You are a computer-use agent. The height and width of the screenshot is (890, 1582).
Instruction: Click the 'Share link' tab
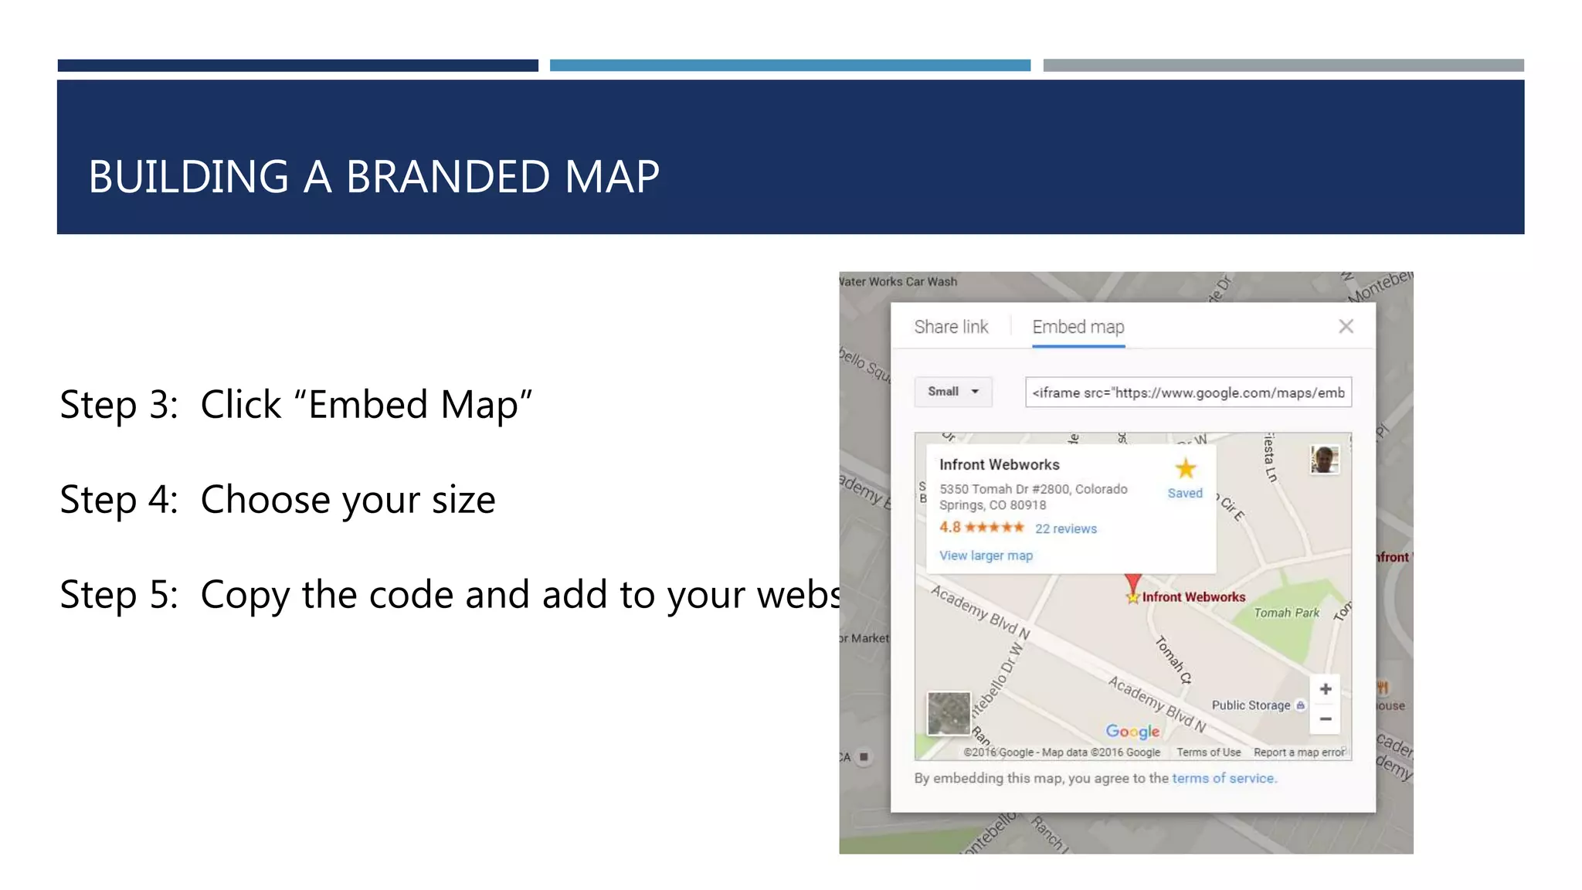pyautogui.click(x=951, y=327)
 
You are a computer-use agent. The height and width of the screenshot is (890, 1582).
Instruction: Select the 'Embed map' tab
pyautogui.click(x=1078, y=327)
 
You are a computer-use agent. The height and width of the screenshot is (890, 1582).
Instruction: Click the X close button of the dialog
pyautogui.click(x=1346, y=327)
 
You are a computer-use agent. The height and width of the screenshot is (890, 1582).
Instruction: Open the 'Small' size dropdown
pyautogui.click(x=953, y=392)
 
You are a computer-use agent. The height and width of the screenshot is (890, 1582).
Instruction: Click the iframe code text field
pyautogui.click(x=1188, y=392)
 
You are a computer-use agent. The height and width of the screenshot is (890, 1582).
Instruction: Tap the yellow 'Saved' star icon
pyautogui.click(x=1185, y=469)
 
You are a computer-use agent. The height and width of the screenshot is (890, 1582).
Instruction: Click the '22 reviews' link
pyautogui.click(x=1066, y=529)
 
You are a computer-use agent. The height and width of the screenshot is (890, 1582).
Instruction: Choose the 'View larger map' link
pyautogui.click(x=986, y=555)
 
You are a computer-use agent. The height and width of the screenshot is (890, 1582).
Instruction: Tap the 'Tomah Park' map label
pyautogui.click(x=1286, y=613)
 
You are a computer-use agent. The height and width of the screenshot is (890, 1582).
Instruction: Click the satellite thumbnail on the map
pyautogui.click(x=949, y=713)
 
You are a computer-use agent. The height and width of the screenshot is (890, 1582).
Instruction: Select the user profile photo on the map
pyautogui.click(x=1325, y=460)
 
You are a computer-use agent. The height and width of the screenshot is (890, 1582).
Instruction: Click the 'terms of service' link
pyautogui.click(x=1224, y=778)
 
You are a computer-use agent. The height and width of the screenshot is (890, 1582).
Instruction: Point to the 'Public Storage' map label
pyautogui.click(x=1251, y=705)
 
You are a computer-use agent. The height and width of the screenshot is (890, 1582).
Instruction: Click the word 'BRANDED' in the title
pyautogui.click(x=448, y=177)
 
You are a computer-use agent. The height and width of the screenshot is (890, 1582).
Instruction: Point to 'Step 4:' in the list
pyautogui.click(x=119, y=500)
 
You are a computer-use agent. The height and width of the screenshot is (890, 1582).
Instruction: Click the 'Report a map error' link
pyautogui.click(x=1299, y=752)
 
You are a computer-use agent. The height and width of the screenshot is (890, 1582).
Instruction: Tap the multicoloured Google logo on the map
pyautogui.click(x=1132, y=731)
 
